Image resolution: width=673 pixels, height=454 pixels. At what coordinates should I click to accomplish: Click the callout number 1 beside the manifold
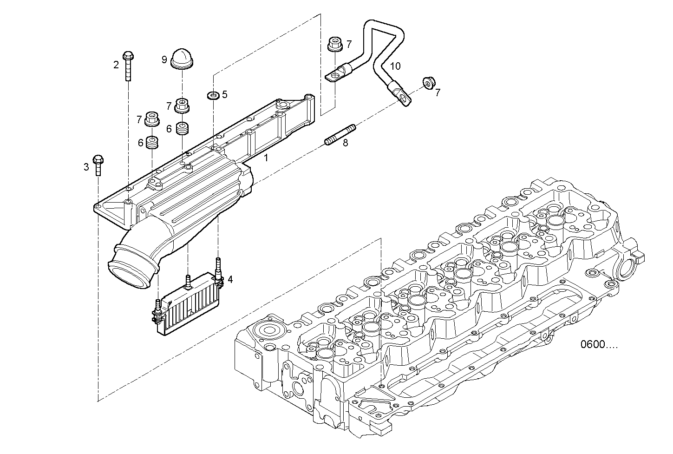point(266,158)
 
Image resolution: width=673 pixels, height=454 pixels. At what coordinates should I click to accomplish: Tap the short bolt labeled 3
point(98,165)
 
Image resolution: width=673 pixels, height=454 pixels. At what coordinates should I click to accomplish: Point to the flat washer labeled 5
point(213,96)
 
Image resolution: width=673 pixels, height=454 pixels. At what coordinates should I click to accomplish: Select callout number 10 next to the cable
point(394,66)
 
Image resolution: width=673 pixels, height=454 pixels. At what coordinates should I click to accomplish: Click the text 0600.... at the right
point(599,344)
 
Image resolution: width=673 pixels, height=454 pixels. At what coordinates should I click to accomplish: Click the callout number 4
point(230,279)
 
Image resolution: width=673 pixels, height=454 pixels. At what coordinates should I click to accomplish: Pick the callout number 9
point(164,59)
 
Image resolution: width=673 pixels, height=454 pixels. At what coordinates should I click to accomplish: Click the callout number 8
point(345,143)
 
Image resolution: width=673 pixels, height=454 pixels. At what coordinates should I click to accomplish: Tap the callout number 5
point(225,95)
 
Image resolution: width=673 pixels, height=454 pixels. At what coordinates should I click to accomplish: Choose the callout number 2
point(116,65)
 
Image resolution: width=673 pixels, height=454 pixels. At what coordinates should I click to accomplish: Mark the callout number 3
point(86,167)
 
